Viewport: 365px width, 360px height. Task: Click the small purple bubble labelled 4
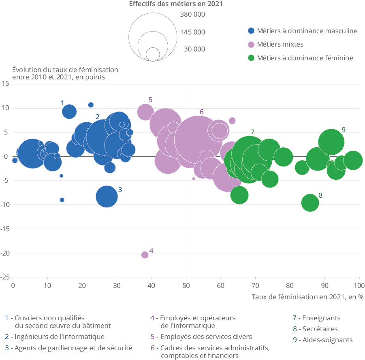click(145, 255)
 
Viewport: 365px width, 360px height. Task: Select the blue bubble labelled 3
click(107, 196)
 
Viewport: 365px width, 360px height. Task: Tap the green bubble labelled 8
click(310, 202)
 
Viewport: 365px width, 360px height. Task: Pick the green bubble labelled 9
click(331, 142)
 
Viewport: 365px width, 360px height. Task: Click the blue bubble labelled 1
click(69, 111)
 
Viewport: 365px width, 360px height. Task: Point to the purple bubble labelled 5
click(145, 112)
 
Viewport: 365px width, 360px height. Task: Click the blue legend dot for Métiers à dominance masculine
click(251, 31)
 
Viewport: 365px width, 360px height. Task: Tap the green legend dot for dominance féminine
click(251, 58)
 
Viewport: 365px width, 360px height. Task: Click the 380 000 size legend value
click(192, 15)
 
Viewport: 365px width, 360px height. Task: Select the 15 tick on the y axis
click(6, 84)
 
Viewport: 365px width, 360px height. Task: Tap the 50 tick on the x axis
click(186, 285)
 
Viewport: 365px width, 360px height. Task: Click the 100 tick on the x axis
click(359, 285)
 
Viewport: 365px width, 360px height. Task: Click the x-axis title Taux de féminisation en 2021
click(307, 297)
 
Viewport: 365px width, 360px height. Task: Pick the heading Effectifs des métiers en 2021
click(176, 4)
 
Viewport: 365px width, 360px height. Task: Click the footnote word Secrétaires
click(320, 329)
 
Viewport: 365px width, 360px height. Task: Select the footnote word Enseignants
click(321, 318)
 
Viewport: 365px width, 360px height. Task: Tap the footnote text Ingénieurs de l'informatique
click(60, 337)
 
